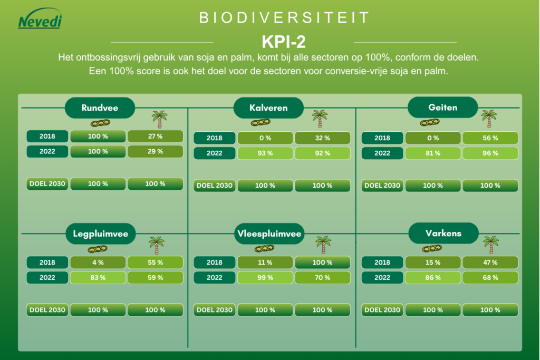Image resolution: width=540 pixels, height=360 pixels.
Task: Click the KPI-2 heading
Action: click(284, 42)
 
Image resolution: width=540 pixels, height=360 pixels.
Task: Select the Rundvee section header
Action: click(100, 108)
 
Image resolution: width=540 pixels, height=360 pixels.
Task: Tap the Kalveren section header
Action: click(268, 108)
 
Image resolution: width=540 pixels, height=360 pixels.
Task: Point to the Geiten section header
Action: click(443, 108)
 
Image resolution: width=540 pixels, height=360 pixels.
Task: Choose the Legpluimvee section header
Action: click(101, 234)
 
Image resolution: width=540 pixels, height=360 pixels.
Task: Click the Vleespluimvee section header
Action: click(269, 234)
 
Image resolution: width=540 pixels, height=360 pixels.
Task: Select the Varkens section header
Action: click(443, 233)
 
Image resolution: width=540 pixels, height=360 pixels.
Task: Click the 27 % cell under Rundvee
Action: click(155, 136)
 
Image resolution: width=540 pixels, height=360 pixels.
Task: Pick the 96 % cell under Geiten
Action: click(490, 153)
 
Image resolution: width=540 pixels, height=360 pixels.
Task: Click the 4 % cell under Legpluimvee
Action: click(98, 262)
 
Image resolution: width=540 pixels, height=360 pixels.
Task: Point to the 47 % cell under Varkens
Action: click(490, 262)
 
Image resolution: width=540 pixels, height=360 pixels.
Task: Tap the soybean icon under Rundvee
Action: click(100, 123)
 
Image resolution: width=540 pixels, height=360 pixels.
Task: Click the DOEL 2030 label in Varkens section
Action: click(382, 310)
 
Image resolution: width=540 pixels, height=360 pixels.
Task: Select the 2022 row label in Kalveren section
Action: click(214, 153)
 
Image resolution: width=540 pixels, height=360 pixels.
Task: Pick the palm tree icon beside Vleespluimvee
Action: click(323, 245)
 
